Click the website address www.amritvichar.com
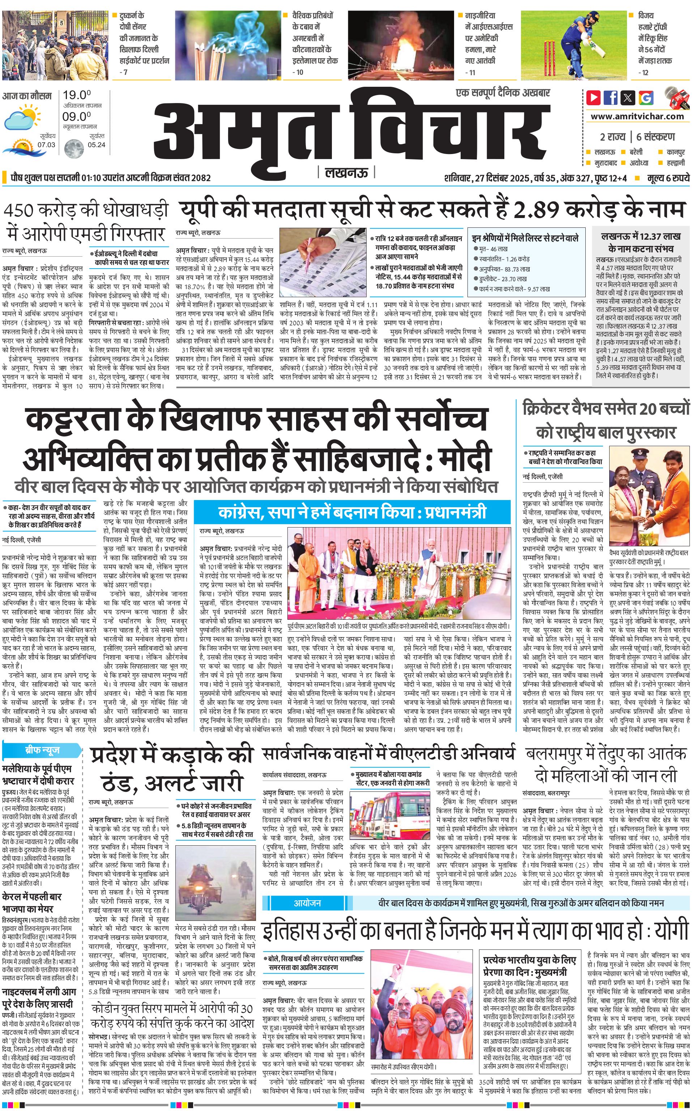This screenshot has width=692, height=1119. [x=637, y=116]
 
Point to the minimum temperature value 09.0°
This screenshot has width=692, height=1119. [x=77, y=116]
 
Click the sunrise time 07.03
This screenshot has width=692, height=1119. [x=46, y=145]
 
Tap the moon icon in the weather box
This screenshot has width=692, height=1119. [x=73, y=148]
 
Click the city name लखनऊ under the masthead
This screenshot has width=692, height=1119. [x=346, y=172]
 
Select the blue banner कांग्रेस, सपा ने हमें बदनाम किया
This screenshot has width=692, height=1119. [x=352, y=512]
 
